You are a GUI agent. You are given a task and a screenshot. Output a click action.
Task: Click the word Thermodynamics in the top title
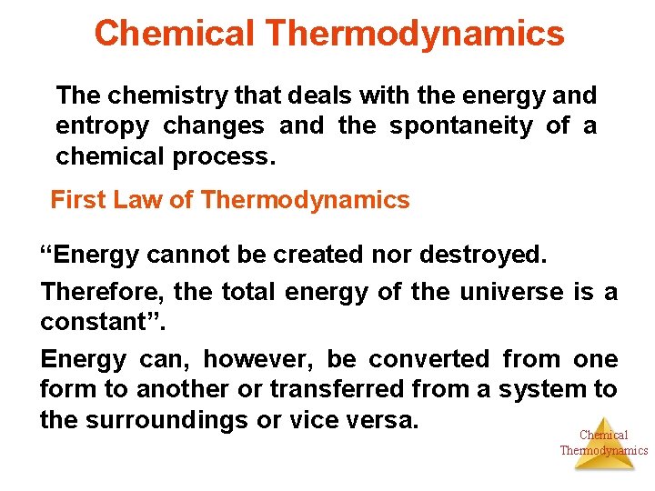point(415,34)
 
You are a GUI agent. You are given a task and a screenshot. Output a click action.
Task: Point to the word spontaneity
point(461,125)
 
